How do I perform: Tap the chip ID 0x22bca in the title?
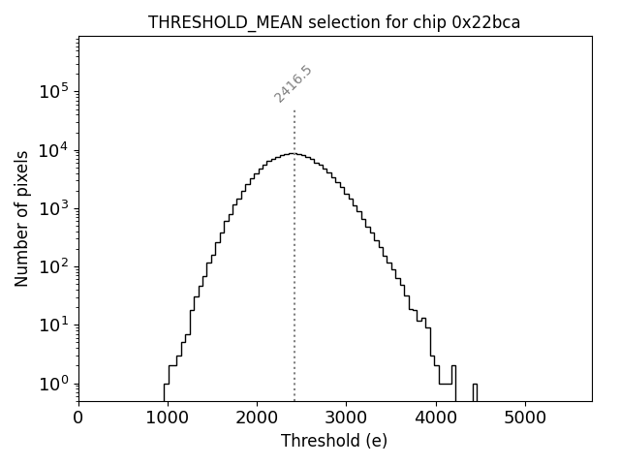point(486,22)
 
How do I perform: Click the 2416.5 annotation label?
point(293,84)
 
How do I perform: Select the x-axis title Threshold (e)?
point(334,441)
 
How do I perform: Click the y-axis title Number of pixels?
point(21,218)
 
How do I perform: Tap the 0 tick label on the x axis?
point(78,418)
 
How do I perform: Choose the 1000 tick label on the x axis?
point(168,418)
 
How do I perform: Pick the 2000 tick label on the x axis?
point(257,418)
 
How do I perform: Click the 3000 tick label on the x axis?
point(346,418)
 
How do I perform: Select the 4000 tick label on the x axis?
point(435,418)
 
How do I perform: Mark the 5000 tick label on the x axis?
point(524,418)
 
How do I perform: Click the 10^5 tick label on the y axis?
point(55,91)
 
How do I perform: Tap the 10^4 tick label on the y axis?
point(55,149)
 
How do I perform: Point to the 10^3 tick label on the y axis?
point(55,208)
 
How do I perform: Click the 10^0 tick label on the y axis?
point(55,384)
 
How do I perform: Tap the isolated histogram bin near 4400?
point(475,391)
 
